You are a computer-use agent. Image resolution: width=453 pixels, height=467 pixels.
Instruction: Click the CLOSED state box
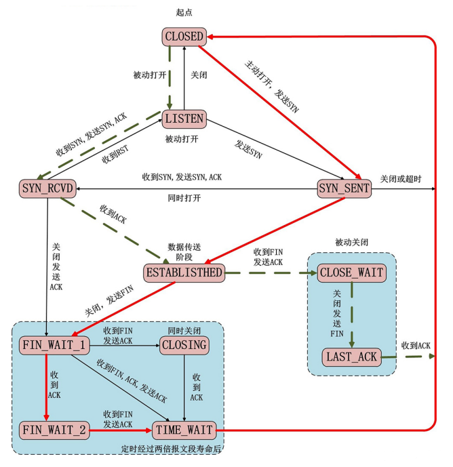pos(184,37)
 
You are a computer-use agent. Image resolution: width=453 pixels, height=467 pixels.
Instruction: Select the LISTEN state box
pos(184,119)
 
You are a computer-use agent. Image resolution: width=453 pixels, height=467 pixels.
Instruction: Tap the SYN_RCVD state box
pos(47,188)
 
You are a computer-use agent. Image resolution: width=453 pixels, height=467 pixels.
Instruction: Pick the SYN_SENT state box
pos(344,188)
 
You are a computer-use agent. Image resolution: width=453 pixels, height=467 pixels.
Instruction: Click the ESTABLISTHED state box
pos(184,273)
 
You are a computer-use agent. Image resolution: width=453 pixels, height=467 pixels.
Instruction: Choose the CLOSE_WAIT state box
pos(352,273)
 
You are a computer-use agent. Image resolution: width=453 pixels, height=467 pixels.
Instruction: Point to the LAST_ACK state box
pos(352,357)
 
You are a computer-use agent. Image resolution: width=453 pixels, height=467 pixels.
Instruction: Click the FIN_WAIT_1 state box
pos(54,346)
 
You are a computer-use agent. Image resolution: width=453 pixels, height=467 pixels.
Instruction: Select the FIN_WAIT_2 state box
pos(54,430)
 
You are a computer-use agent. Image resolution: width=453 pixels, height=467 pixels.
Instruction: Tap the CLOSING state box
pos(184,346)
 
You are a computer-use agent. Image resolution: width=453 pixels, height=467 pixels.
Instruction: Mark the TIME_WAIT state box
pos(184,430)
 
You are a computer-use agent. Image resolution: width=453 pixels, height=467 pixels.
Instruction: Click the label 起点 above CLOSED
pos(184,12)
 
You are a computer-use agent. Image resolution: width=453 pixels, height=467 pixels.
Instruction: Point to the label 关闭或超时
pos(401,180)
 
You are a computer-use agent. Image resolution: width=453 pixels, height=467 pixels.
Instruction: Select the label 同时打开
pos(184,199)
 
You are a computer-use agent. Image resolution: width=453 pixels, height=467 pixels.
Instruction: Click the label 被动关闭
pos(352,243)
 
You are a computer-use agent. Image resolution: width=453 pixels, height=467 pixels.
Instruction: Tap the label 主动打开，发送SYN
pos(272,87)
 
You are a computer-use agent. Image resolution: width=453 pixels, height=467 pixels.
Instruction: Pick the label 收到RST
pos(115,155)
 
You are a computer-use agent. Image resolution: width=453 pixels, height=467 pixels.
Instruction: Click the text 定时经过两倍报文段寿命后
pos(171,449)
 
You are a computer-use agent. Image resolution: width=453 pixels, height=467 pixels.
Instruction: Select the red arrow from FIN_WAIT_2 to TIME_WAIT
pos(121,430)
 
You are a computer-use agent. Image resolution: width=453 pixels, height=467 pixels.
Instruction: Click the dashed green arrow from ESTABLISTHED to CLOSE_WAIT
pos(271,273)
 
